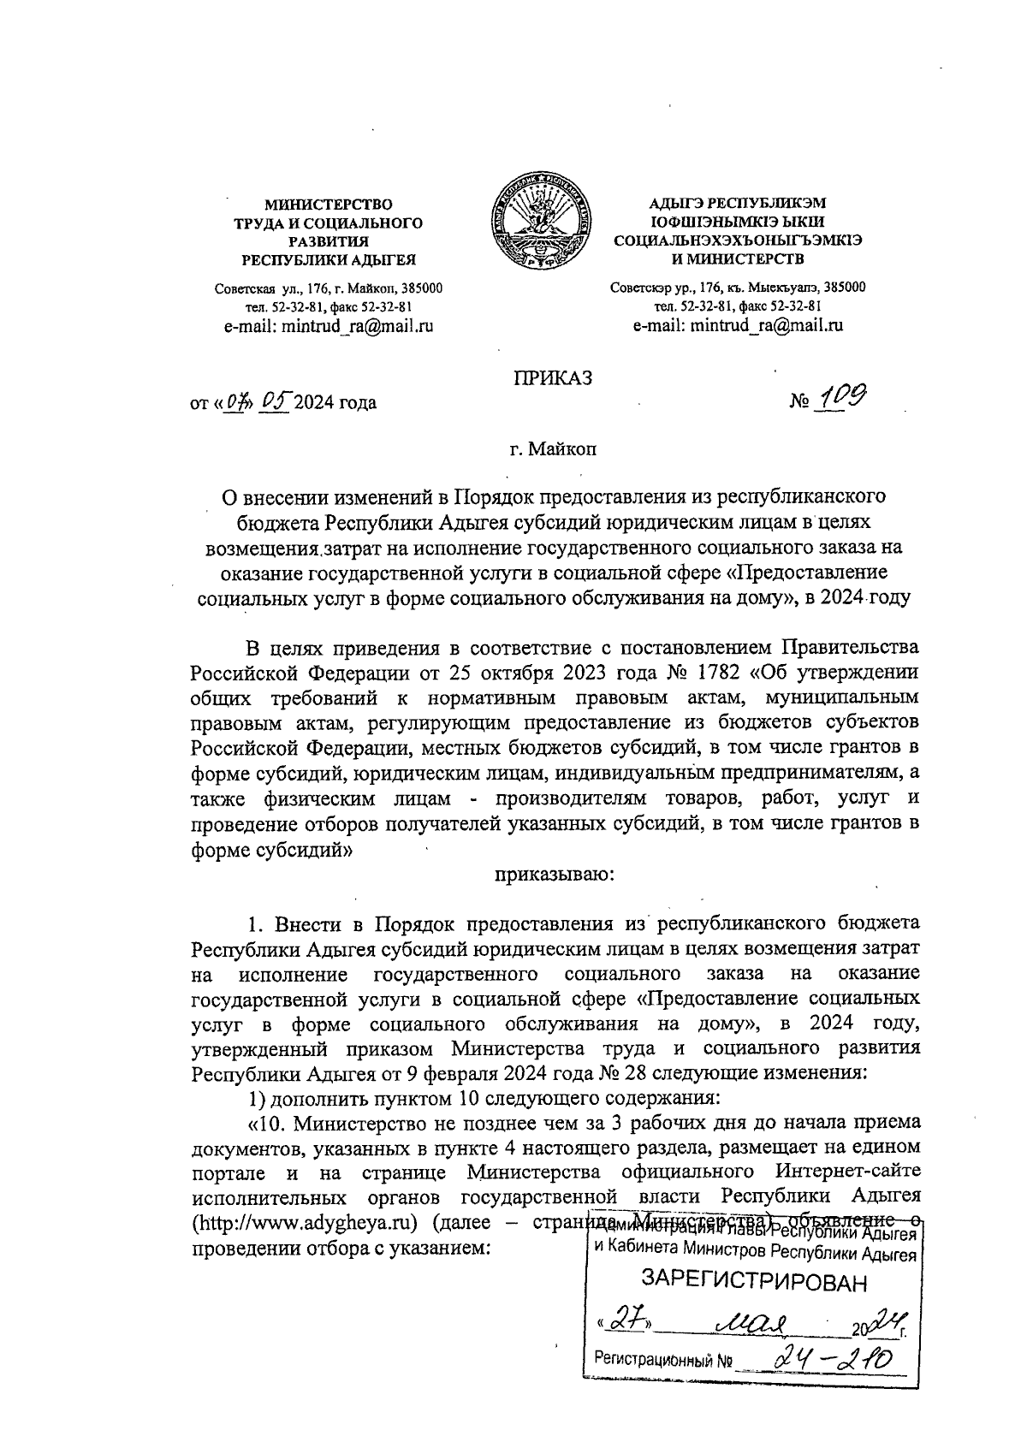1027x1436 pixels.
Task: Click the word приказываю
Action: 552,875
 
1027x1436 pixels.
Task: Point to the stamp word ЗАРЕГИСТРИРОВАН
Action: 754,1280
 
